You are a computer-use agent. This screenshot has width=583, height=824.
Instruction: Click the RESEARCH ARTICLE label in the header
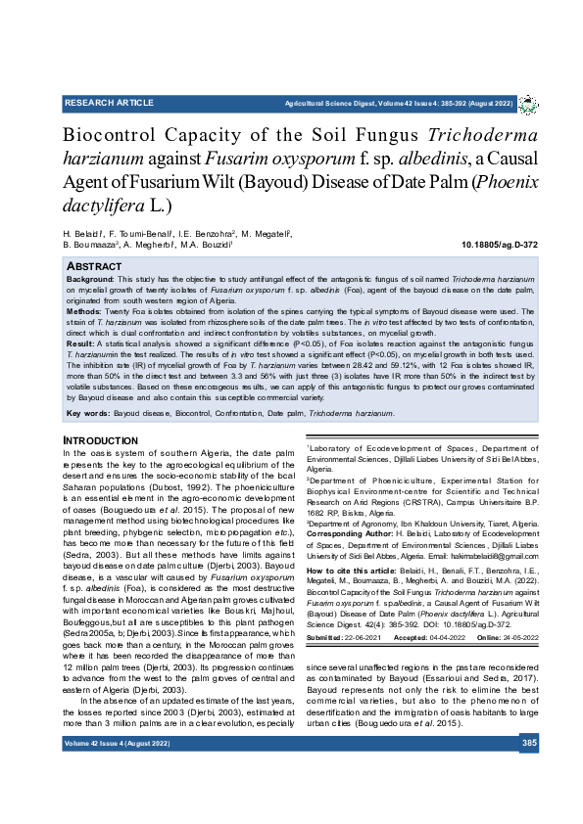tap(109, 103)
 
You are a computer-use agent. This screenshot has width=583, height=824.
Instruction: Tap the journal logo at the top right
tap(527, 104)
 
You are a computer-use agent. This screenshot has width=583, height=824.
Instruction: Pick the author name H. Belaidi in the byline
tap(85, 235)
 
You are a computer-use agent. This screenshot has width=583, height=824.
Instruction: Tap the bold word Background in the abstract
tap(90, 279)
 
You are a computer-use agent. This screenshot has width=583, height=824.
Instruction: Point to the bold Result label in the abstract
tap(80, 344)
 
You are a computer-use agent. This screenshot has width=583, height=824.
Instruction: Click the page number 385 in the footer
tap(529, 744)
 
